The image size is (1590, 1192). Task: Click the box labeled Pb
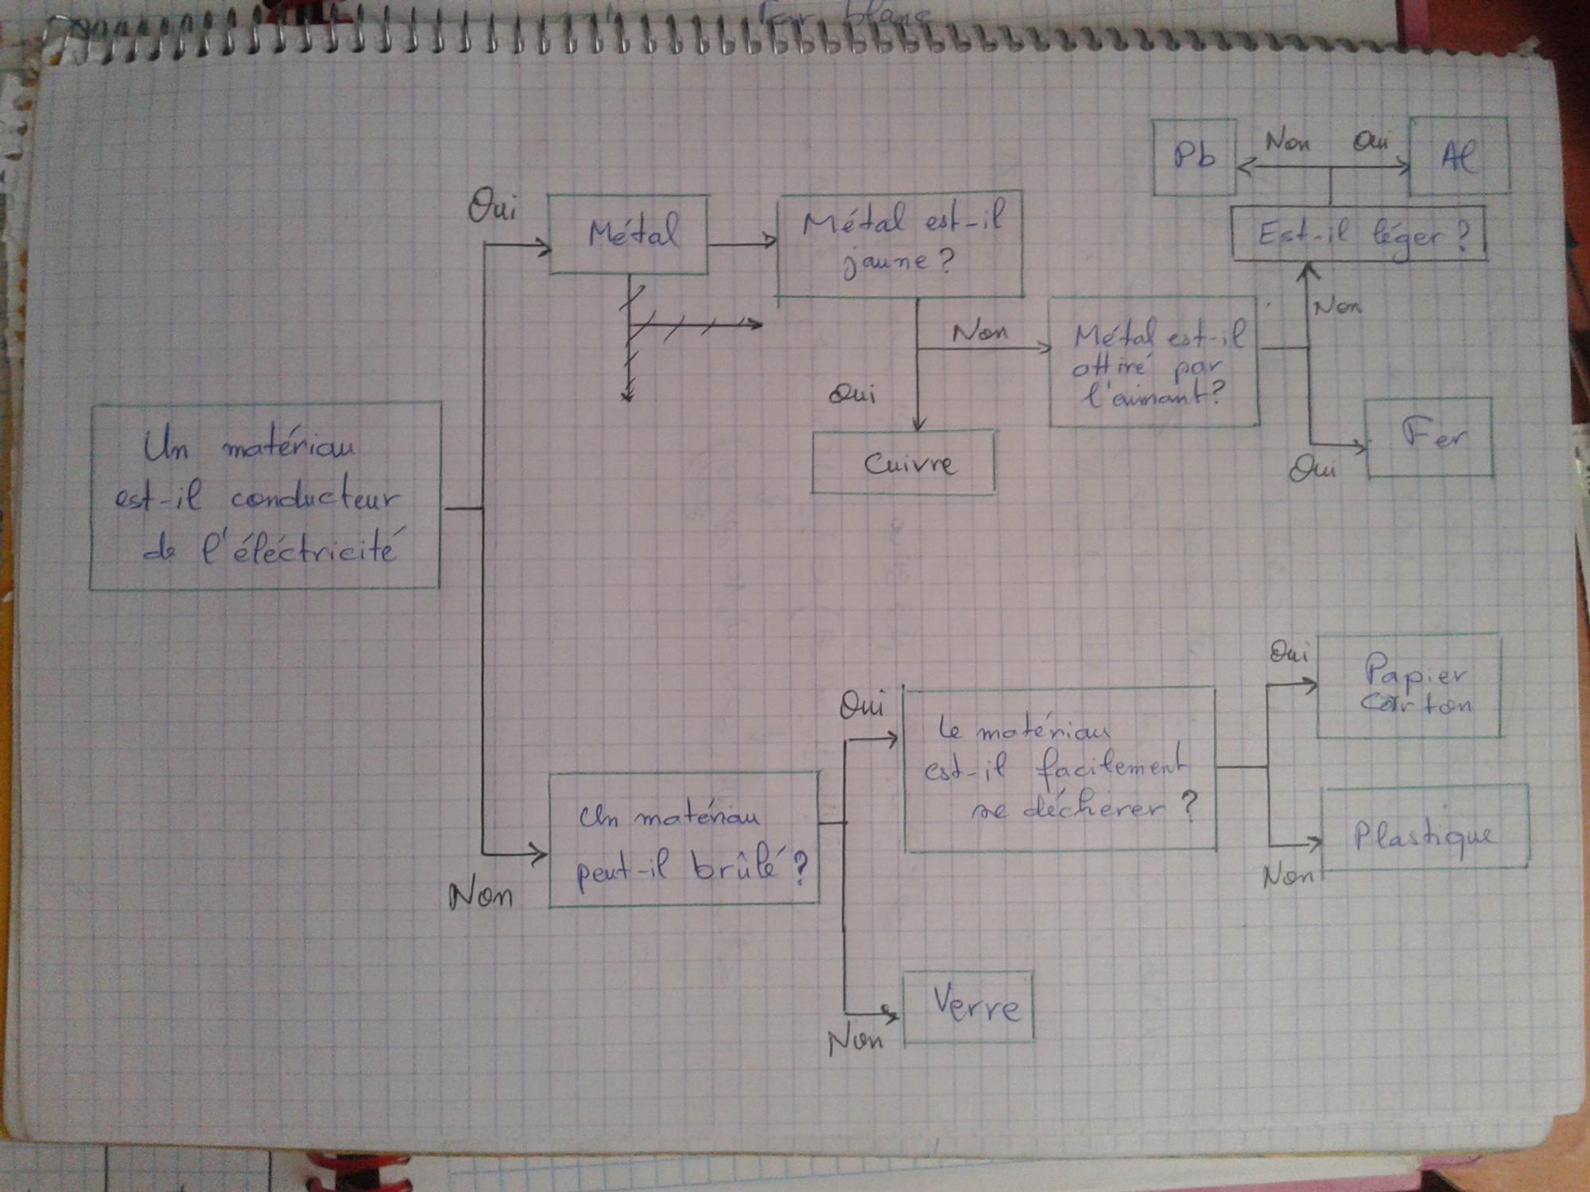(1194, 157)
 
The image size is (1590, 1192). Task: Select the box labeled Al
(1459, 157)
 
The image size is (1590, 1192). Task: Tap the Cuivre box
(904, 463)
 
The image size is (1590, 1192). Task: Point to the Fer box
(1429, 438)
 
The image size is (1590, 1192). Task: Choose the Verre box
(969, 1007)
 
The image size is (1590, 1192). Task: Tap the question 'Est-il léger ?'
(1359, 235)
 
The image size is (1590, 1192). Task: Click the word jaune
(884, 263)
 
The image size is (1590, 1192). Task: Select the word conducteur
(314, 498)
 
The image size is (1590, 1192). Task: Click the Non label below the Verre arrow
(855, 1041)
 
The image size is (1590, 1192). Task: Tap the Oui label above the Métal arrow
(491, 208)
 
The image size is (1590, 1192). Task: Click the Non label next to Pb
(1287, 143)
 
